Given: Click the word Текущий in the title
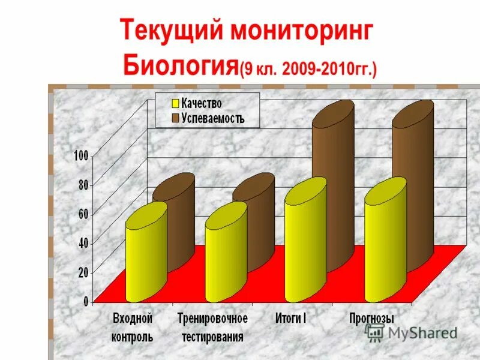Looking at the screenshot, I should click(x=170, y=32).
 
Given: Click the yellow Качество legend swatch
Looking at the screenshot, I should click(x=176, y=104).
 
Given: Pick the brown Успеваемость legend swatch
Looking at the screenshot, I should click(x=176, y=118).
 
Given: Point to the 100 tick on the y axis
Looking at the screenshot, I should click(x=80, y=156).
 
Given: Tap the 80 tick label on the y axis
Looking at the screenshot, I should click(x=83, y=185).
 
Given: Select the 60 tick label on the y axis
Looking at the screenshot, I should click(x=83, y=214).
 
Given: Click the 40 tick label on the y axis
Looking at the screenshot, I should click(x=83, y=242).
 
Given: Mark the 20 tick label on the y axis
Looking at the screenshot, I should click(x=83, y=272).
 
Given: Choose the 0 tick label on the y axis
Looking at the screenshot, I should click(x=86, y=301).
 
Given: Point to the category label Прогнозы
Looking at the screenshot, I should click(x=371, y=318).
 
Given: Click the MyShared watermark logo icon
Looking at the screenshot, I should click(x=374, y=333).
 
